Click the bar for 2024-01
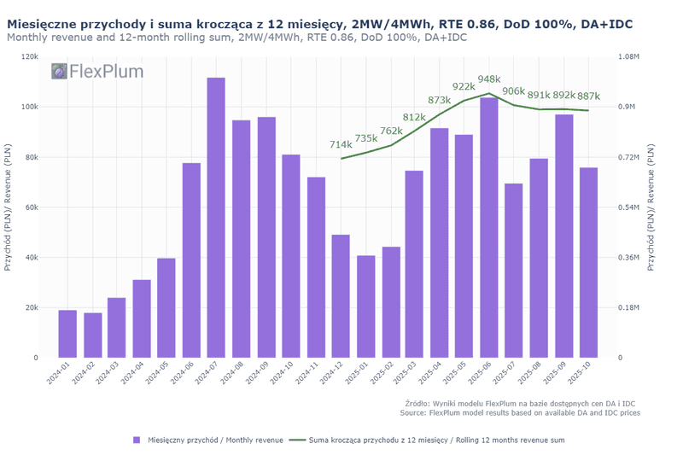(x=67, y=334)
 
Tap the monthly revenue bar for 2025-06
(x=488, y=228)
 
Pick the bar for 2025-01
(x=365, y=306)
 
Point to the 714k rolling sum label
(x=341, y=145)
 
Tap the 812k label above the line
(x=414, y=117)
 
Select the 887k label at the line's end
(x=589, y=96)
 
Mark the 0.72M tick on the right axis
(x=628, y=157)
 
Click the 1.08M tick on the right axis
(x=628, y=56)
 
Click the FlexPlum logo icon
(x=59, y=72)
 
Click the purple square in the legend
(x=136, y=440)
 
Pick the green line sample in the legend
(x=298, y=440)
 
